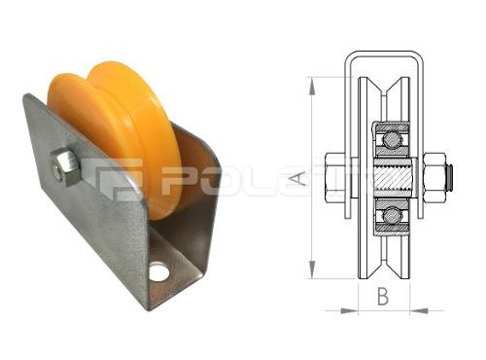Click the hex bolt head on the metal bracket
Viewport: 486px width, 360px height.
point(65,166)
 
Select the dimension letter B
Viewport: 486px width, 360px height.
point(383,298)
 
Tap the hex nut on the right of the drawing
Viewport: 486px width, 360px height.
point(434,177)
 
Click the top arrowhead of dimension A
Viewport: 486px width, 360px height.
point(310,82)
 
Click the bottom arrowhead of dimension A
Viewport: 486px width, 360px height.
point(310,274)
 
